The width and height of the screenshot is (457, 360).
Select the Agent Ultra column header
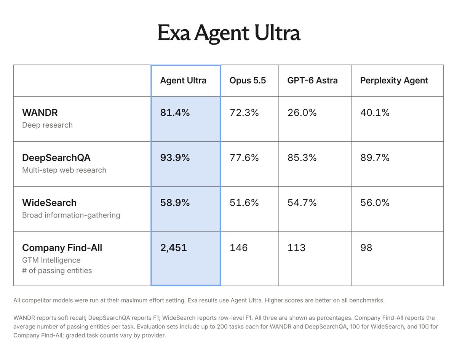(x=183, y=80)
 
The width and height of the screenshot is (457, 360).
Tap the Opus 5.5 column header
(x=248, y=80)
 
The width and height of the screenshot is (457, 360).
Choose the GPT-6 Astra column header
(x=312, y=80)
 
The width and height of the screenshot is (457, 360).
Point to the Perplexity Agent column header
(x=394, y=81)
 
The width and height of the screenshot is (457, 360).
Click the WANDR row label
(x=40, y=113)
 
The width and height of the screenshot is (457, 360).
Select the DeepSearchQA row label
(x=56, y=158)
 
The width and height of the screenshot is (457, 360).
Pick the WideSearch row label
(x=49, y=203)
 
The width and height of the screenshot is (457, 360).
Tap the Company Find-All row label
(x=62, y=248)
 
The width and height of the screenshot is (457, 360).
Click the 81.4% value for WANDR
(x=175, y=113)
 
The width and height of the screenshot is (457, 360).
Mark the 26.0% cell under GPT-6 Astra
(x=302, y=113)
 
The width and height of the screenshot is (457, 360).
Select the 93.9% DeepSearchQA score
(x=175, y=158)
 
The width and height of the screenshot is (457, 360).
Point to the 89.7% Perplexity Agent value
(x=375, y=158)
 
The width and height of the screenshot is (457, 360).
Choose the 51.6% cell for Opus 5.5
(x=244, y=203)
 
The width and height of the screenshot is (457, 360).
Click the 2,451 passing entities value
(x=174, y=248)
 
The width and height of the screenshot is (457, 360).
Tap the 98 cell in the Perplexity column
(x=366, y=248)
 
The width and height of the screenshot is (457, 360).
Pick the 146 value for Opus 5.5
(x=239, y=248)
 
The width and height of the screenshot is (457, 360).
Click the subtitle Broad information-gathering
(x=71, y=215)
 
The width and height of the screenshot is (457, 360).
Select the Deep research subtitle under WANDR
(x=47, y=125)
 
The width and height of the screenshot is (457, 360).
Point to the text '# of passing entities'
(x=57, y=270)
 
